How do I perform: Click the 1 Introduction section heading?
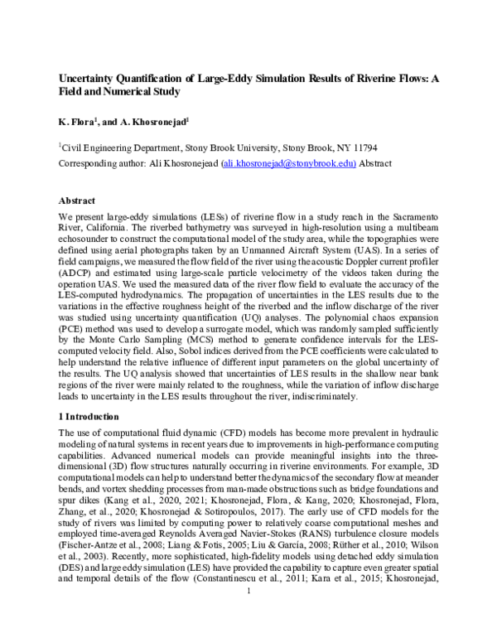pyautogui.click(x=94, y=417)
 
